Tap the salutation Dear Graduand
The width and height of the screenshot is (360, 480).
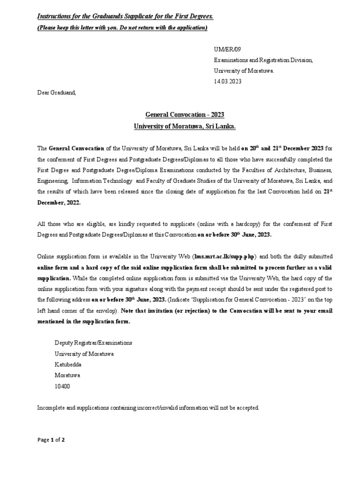click(x=56, y=92)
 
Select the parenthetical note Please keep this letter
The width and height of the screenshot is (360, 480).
click(x=122, y=28)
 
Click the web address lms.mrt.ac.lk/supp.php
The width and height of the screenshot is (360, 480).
click(x=225, y=256)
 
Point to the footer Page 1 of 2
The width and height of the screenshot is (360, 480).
click(x=51, y=440)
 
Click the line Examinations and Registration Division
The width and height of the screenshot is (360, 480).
click(x=263, y=60)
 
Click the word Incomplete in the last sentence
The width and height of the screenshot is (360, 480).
click(x=52, y=408)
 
